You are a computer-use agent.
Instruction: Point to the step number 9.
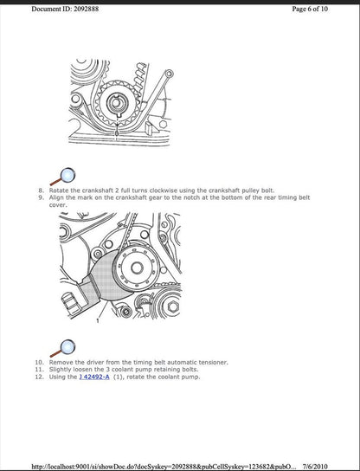tap(40, 197)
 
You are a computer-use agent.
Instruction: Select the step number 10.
tap(38, 360)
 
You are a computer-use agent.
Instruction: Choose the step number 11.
tap(38, 369)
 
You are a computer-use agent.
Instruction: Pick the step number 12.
tap(38, 377)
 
